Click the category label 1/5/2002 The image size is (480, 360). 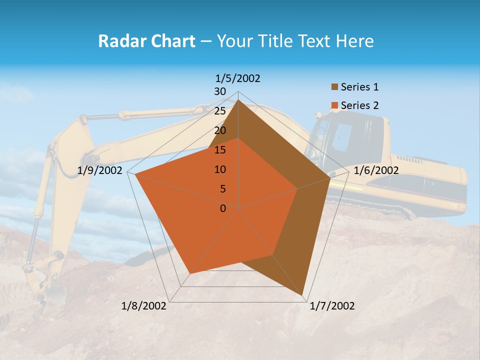coord(238,78)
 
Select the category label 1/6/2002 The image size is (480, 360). coord(376,170)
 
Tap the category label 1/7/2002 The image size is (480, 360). coord(332,306)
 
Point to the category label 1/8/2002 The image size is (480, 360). coord(144,306)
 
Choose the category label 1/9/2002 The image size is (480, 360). coord(100,170)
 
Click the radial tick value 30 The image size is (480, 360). coord(220,91)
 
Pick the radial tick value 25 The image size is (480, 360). coord(220,111)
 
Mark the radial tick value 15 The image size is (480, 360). coord(220,150)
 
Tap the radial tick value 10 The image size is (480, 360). coord(220,169)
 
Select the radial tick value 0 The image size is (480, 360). coord(223,208)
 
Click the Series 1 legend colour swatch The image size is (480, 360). coord(334,87)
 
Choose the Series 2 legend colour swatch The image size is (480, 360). coord(334,105)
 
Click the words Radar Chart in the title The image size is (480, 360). coord(146,41)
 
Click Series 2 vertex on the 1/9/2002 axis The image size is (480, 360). coord(135,174)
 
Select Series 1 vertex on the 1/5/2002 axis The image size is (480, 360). coord(238,100)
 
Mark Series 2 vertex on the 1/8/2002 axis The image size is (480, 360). coord(189,273)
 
